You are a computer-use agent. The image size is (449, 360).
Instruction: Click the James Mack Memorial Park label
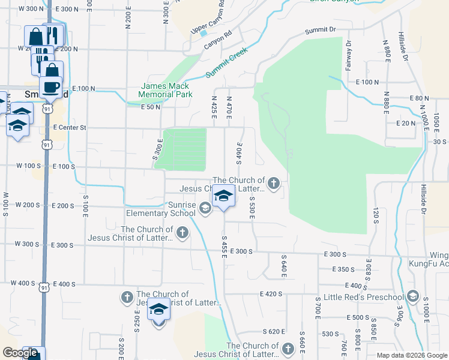(x=165, y=90)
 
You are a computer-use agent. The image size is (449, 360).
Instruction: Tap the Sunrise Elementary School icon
(x=205, y=208)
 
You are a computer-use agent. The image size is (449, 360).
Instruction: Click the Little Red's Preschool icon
(x=412, y=296)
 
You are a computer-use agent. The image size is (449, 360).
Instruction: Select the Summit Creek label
(x=227, y=63)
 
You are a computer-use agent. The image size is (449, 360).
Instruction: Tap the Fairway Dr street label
(x=349, y=55)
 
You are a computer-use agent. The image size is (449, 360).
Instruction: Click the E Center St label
(x=70, y=128)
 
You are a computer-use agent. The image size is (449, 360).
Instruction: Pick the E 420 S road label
(x=271, y=294)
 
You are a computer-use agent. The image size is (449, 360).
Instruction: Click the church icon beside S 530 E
(x=274, y=183)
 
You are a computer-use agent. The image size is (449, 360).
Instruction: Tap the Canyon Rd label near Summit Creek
(x=217, y=40)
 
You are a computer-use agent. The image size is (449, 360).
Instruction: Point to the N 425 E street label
(x=214, y=106)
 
